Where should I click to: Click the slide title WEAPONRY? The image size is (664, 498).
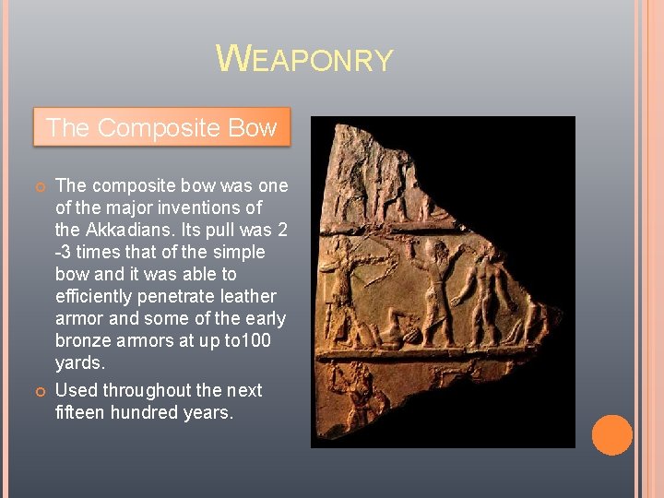(304, 59)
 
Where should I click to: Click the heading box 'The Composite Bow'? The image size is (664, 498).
(161, 128)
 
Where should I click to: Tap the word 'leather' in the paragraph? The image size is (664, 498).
(245, 296)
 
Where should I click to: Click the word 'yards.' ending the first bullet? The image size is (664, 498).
(81, 362)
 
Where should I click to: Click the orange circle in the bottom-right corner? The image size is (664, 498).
(611, 435)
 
